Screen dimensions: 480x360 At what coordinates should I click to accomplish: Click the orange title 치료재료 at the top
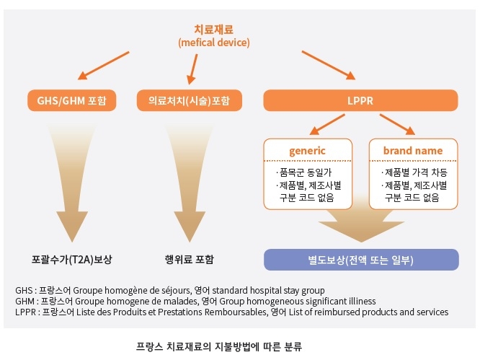coord(213,30)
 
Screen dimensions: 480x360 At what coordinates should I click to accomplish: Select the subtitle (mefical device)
coord(214,43)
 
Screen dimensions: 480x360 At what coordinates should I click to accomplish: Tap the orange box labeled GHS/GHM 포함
coord(72,100)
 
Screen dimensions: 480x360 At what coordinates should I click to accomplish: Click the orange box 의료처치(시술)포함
coord(189,100)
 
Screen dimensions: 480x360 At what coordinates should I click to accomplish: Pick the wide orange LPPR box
coord(360,100)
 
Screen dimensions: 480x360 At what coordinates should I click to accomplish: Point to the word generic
coord(307,151)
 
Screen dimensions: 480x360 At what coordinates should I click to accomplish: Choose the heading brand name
coord(413,151)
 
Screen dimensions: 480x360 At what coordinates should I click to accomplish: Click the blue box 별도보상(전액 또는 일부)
coord(361,260)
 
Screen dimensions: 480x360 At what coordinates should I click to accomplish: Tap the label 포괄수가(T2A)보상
coord(72,260)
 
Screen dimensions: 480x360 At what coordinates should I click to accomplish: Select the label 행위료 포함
coord(189,260)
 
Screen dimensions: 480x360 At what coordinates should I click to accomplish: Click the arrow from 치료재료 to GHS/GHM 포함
coord(104,66)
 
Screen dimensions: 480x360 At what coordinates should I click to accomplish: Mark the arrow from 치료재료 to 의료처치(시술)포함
coord(192,69)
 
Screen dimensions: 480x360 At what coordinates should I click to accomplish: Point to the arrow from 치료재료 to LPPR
coord(329,65)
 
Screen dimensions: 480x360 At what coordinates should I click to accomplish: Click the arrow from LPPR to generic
coord(327,124)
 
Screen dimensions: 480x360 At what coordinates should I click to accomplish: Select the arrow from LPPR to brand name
coord(397,124)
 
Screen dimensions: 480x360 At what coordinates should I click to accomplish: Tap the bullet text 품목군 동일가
coord(306,172)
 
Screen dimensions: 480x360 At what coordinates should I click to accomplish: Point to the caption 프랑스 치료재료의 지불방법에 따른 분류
coord(219,346)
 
